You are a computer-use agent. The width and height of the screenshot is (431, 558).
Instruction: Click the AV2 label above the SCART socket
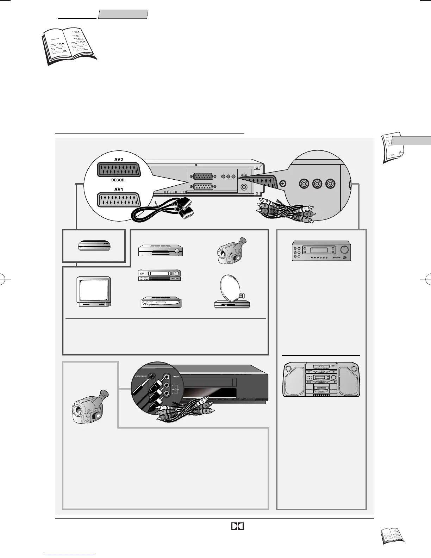tap(119, 159)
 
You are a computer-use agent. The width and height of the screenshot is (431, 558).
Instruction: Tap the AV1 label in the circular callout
tap(119, 189)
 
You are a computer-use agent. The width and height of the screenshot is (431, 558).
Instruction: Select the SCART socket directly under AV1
tap(119, 200)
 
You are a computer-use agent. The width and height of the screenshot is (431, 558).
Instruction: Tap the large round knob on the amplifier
tap(344, 250)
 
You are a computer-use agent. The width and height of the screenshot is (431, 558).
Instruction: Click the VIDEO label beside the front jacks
tap(175, 376)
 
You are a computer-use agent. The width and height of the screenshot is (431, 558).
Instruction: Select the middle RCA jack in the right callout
tap(317, 184)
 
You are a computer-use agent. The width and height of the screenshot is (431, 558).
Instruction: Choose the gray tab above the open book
tap(123, 14)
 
